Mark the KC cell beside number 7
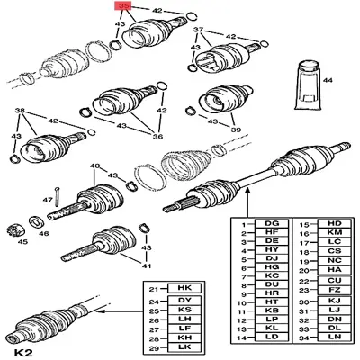(x=270, y=274)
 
